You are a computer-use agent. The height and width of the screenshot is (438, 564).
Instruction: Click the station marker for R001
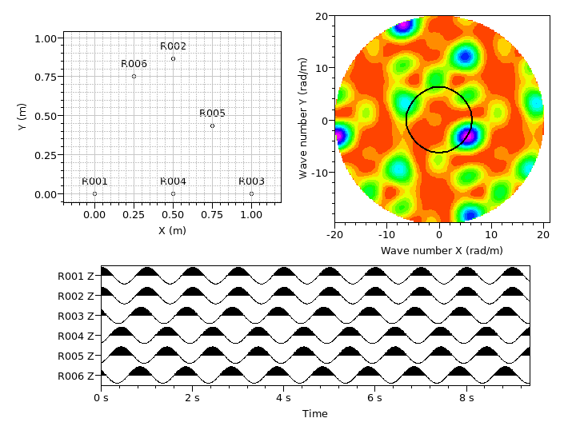tap(94, 193)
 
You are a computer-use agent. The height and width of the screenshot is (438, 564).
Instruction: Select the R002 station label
tap(173, 46)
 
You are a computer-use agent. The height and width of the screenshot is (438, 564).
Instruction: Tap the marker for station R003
tap(251, 193)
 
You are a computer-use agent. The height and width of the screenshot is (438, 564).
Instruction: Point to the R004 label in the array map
tap(173, 181)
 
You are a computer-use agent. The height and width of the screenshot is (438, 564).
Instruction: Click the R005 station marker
tap(212, 125)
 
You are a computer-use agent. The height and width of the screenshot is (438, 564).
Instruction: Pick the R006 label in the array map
tap(134, 64)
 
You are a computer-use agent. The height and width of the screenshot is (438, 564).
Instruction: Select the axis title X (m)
tap(172, 230)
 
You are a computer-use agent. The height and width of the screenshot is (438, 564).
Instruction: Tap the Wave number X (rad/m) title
tap(442, 251)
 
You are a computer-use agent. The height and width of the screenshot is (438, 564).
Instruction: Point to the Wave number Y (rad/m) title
tap(303, 117)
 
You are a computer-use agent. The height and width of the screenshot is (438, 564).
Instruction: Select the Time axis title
tap(314, 414)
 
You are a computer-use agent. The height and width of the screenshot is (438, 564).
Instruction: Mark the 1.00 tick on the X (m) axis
tap(251, 216)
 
